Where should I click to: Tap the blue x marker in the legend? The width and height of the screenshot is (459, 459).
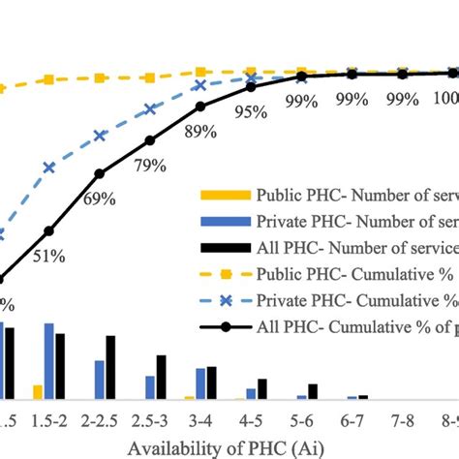coord(224,298)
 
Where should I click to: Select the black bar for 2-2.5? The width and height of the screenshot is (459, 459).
coord(111,368)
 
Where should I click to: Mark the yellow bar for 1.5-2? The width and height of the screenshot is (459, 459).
coord(38,392)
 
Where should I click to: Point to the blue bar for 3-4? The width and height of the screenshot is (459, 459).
coord(200,383)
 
